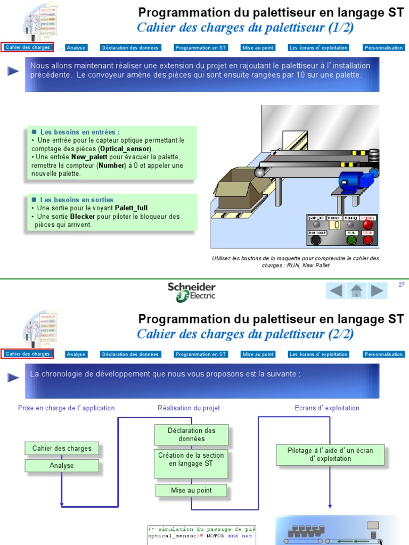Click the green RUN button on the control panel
[x=351, y=240]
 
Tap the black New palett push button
[x=316, y=240]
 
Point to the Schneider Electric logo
[x=192, y=292]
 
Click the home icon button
[x=356, y=291]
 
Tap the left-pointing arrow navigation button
[x=336, y=291]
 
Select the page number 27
[x=402, y=285]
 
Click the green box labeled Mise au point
[x=191, y=490]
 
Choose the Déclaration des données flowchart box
[x=192, y=435]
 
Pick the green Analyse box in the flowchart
[x=62, y=466]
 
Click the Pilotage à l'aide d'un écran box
[x=330, y=455]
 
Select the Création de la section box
[x=191, y=460]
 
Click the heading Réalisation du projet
[x=189, y=408]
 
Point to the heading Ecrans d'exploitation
[x=327, y=408]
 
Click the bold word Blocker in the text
[x=83, y=217]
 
